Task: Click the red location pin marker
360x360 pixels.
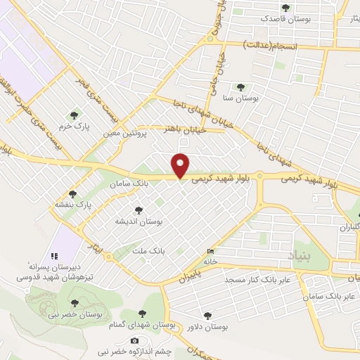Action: [x=181, y=165]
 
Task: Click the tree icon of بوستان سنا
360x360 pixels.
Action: [x=240, y=87]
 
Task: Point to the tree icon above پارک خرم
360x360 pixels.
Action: [x=72, y=115]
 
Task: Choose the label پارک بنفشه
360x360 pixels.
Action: [x=74, y=205]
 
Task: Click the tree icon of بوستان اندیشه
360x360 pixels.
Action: [x=138, y=210]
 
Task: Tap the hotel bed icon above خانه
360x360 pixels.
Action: [x=212, y=251]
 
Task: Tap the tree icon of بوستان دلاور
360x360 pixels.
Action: [x=207, y=316]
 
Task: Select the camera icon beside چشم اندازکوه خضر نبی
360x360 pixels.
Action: [x=135, y=341]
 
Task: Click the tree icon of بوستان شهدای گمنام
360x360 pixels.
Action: [x=143, y=314]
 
